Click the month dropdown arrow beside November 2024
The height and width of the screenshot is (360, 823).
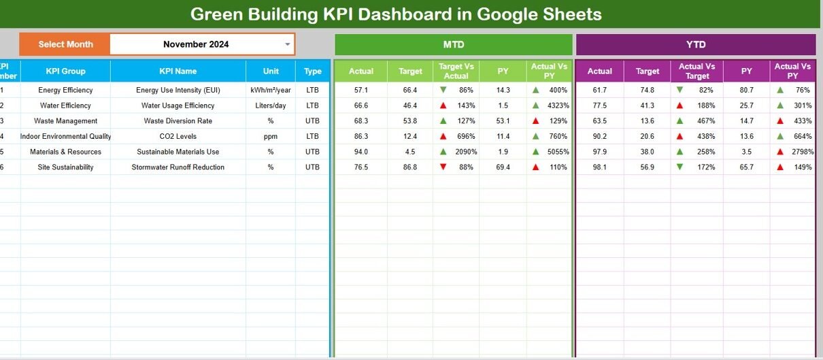288,44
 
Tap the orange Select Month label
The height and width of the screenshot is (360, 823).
65,44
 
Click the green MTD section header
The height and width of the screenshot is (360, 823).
453,44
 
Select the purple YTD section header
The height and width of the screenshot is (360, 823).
695,44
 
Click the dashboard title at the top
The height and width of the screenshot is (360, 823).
395,14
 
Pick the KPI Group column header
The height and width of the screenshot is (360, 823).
65,71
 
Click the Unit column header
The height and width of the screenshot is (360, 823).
271,71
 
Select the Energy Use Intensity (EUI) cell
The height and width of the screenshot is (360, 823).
178,90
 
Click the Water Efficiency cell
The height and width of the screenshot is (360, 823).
65,105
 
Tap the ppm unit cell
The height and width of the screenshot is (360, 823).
271,136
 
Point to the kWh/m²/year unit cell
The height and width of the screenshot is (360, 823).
271,90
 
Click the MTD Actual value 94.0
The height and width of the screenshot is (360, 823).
361,152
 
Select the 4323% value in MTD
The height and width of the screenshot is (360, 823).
556,105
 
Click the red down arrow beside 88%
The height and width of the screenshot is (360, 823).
443,167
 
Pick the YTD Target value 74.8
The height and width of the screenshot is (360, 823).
648,90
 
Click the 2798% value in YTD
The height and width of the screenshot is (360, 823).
799,152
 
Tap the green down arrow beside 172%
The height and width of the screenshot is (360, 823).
679,167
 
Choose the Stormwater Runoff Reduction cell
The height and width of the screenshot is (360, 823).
178,167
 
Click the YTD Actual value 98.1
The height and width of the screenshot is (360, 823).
599,167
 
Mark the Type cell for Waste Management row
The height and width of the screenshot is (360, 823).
312,121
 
